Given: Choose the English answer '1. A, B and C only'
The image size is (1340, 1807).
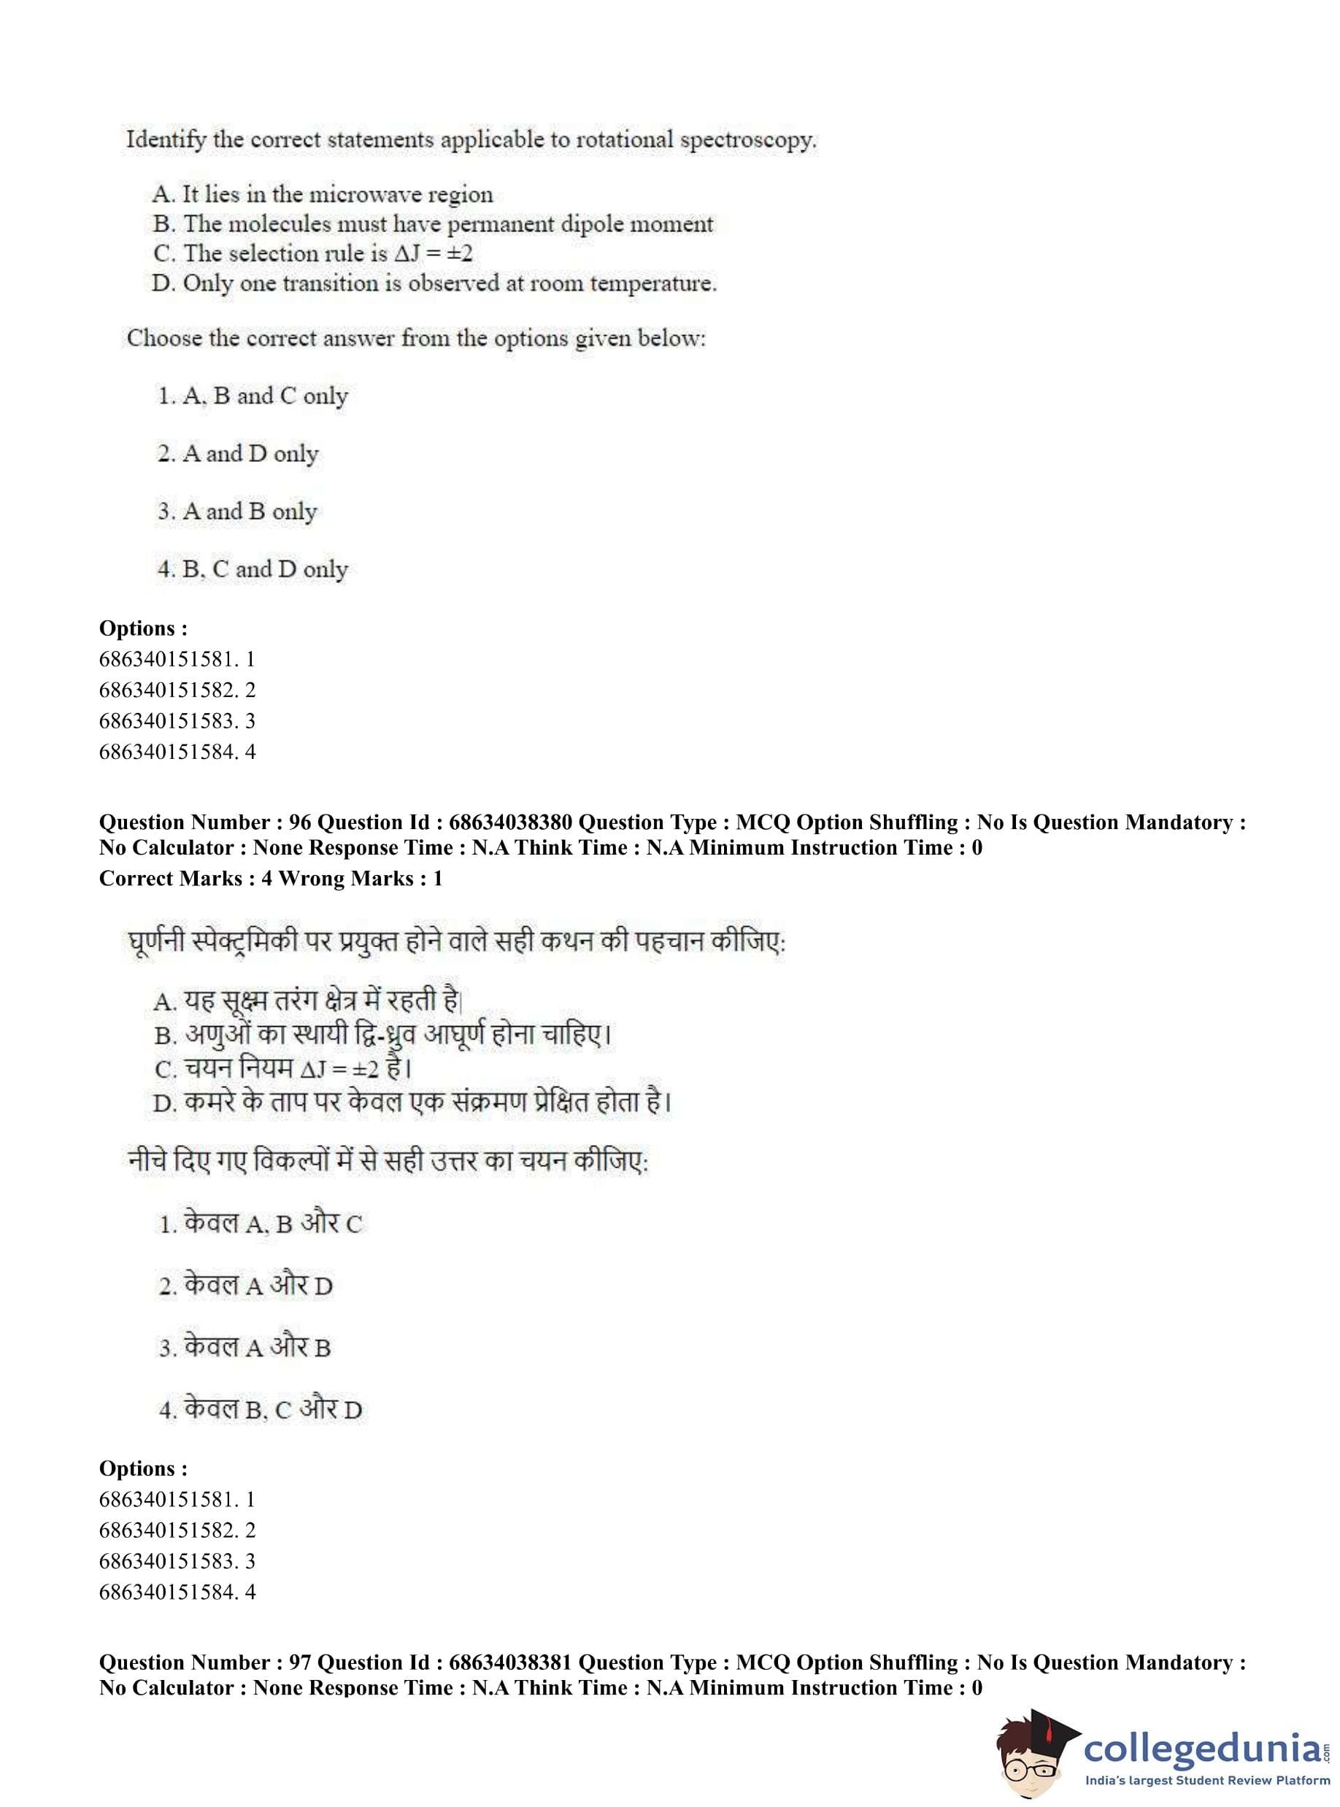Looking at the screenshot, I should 253,396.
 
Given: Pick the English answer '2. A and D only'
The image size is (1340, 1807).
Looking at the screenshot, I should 238,453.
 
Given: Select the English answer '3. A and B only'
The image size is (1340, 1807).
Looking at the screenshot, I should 237,512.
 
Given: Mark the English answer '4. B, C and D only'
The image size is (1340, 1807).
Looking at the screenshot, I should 253,569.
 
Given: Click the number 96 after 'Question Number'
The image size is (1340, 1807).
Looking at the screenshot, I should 300,822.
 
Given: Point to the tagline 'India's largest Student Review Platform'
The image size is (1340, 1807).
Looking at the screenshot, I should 1207,1781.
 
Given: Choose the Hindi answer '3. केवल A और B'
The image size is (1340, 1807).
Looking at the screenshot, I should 245,1348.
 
